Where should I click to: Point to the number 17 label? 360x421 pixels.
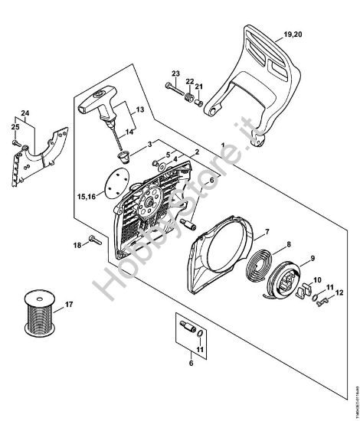(x=68, y=305)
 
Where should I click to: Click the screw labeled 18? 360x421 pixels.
(x=95, y=240)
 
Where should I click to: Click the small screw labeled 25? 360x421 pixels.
(x=17, y=141)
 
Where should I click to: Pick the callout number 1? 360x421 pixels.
(x=221, y=145)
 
